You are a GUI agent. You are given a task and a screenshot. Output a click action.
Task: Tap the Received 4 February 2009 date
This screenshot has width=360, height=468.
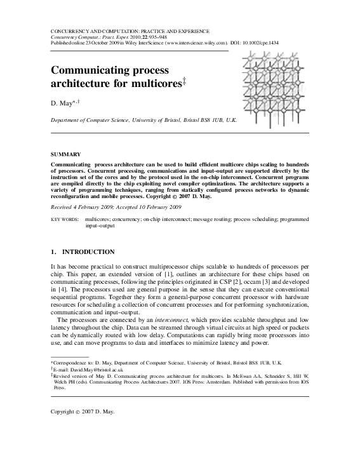(x=83, y=207)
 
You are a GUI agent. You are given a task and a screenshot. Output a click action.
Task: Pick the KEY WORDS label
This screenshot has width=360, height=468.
(x=65, y=219)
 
